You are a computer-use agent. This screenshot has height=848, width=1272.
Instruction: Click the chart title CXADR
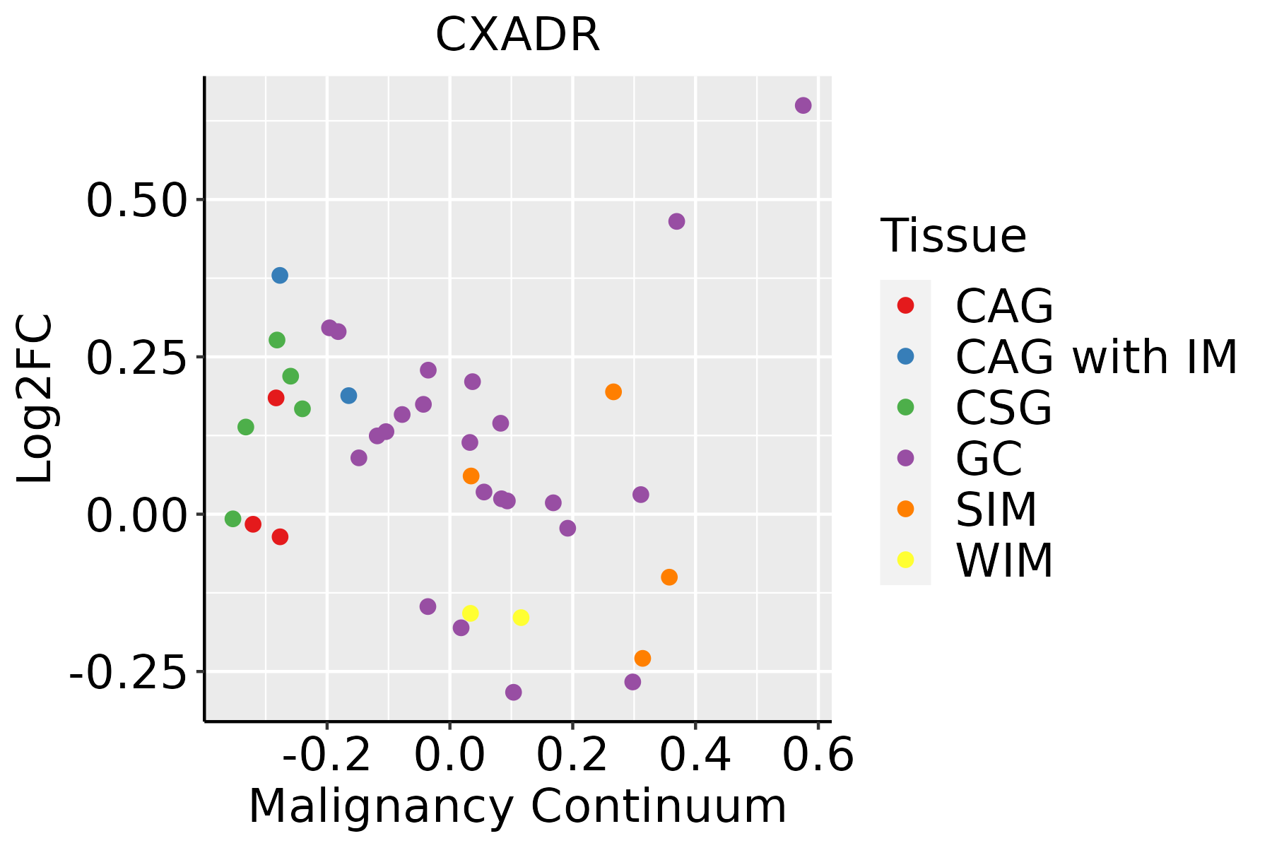(517, 35)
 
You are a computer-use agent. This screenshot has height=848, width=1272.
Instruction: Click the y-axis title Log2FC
(35, 399)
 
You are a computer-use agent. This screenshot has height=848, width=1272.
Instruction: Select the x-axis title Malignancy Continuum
(517, 806)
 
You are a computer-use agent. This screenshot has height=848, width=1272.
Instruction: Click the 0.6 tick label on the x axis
(818, 755)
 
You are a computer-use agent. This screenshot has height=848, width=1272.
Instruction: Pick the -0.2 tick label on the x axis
(326, 755)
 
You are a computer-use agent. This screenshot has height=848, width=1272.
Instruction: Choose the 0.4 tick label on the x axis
(695, 755)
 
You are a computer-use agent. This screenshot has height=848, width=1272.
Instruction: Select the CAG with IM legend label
(1096, 357)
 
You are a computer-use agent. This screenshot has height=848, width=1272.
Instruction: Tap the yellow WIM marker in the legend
(905, 560)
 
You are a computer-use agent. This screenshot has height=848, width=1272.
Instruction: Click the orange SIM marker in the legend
(905, 509)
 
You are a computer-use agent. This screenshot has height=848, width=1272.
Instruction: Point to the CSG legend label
(1003, 408)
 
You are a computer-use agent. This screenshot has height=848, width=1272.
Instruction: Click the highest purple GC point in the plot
(803, 105)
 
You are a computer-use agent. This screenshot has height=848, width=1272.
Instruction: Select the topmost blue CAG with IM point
(280, 275)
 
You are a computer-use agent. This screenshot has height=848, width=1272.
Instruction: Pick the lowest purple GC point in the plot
(514, 692)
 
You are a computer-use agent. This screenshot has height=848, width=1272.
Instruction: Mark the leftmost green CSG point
(233, 519)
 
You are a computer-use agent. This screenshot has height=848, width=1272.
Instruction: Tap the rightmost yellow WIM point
(521, 618)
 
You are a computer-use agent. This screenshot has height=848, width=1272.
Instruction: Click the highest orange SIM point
(613, 391)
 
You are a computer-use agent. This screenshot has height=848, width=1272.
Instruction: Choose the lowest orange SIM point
(642, 658)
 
